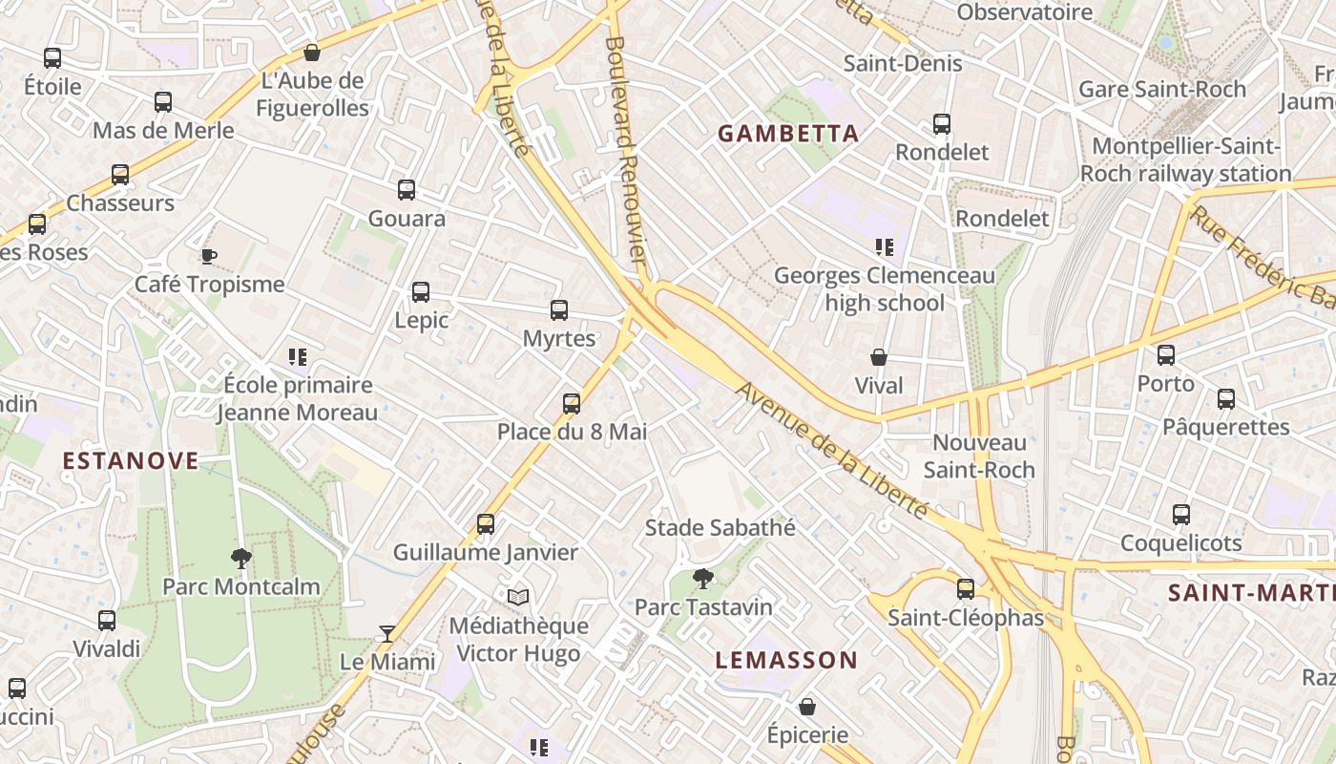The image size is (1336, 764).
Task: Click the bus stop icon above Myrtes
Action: (559, 310)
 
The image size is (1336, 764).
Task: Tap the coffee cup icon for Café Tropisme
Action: (209, 256)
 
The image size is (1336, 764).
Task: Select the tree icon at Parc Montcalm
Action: (240, 558)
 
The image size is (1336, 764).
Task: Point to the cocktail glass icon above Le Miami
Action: (386, 633)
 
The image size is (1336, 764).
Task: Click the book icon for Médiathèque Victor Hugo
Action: (518, 597)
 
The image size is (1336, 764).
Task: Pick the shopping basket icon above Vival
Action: (879, 358)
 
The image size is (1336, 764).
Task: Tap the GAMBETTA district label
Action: (788, 134)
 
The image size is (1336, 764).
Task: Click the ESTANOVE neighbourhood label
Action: (131, 461)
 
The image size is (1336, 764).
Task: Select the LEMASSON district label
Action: (786, 660)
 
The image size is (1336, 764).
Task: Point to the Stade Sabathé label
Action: (720, 527)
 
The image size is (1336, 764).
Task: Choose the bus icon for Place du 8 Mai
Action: (572, 404)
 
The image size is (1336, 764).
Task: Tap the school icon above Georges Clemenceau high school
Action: (885, 248)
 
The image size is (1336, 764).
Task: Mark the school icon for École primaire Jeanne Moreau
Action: (298, 357)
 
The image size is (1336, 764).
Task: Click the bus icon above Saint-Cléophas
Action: (966, 589)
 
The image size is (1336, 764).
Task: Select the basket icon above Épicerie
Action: (807, 707)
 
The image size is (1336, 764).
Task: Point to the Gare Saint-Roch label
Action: (1162, 90)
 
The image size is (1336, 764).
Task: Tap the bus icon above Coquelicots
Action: (1181, 515)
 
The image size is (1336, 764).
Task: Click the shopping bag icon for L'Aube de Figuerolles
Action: (311, 53)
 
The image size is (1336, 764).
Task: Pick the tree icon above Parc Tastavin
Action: (703, 578)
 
